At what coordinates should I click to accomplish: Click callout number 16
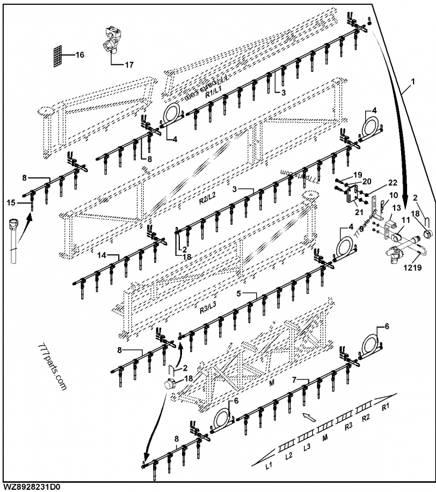[80, 55]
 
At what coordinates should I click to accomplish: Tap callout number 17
[129, 65]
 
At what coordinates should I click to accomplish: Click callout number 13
[396, 207]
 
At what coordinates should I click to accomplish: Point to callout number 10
[393, 195]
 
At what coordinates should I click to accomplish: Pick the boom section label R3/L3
[208, 309]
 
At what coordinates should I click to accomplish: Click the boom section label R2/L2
[208, 200]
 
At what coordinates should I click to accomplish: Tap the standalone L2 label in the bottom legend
[289, 456]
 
